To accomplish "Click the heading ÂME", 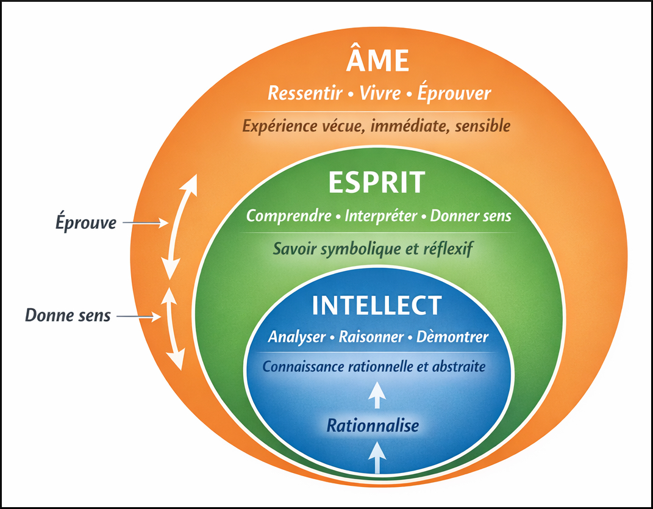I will point(377,62).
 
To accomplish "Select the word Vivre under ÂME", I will point(380,94).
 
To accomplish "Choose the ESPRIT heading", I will point(376,182).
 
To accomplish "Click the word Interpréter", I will point(381,216).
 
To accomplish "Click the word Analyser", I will point(297,337).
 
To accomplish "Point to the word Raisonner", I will point(371,337).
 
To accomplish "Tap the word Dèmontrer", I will point(452,337).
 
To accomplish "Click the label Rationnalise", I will point(373,425).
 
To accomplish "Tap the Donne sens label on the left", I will point(68,316).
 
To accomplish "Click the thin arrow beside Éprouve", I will point(145,223).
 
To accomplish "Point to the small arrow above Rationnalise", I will point(377,394).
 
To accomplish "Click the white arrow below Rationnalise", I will point(377,457).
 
